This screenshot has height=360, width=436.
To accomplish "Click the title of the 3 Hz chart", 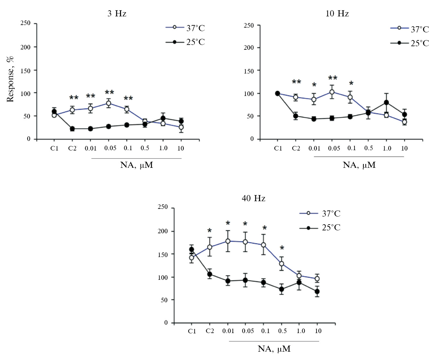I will coord(117,13).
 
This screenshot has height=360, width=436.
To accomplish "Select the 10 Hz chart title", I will coord(337,13).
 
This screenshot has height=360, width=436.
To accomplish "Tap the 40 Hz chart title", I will coord(253,198).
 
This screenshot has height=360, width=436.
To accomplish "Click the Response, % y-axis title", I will coord(10,79).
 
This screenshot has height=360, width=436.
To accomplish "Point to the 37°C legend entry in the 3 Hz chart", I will coord(185,28).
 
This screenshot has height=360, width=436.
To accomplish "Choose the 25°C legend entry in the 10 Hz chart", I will coord(410,43).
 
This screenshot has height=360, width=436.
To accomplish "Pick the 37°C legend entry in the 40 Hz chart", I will coord(320,213).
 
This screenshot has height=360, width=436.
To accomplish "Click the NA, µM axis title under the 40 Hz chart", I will coord(274,349).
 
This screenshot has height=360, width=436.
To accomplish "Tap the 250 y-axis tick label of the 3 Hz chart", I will coord(25,23).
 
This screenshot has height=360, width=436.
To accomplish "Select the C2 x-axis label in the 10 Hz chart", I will coord(296,148).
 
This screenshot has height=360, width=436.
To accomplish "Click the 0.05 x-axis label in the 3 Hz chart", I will coord(110,148).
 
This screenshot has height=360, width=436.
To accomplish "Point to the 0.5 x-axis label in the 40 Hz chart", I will coord(282,331).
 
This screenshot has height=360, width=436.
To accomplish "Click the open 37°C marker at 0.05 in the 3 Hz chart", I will coord(109,103).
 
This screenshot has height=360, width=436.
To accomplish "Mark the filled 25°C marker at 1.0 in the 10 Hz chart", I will coord(386,103).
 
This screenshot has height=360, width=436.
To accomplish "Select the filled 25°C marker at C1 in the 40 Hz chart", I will coord(192,249).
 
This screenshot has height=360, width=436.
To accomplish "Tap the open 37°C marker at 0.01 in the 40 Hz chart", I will coord(228,241).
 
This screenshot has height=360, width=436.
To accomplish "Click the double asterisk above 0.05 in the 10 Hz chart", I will coord(333,78).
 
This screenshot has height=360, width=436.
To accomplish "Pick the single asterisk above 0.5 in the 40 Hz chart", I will coord(282,248).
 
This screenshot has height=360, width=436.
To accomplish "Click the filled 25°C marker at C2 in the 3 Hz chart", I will coord(72,129).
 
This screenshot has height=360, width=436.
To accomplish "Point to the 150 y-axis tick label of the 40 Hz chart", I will coord(163,254).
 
